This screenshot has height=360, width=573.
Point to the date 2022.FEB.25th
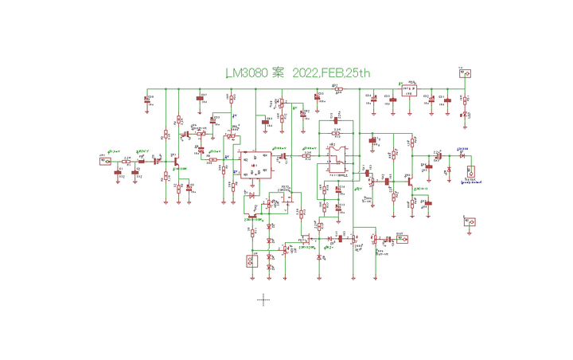click(x=332, y=73)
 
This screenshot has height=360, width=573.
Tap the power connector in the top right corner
click(x=466, y=74)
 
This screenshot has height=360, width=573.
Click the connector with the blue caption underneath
click(x=471, y=170)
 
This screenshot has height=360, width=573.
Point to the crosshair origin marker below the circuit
click(x=263, y=299)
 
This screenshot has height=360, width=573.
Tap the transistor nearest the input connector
click(x=173, y=161)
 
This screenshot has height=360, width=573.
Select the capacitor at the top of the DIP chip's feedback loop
click(x=336, y=122)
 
